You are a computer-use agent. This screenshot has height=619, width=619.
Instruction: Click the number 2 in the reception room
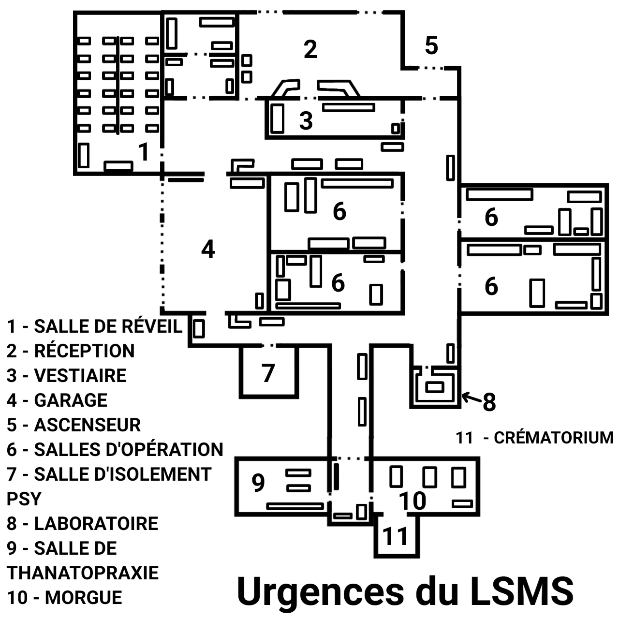(310, 49)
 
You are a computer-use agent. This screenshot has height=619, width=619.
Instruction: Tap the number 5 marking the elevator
(431, 45)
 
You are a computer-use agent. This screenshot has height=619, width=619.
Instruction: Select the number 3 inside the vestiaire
(306, 120)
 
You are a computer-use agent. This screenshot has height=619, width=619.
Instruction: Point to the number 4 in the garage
(208, 250)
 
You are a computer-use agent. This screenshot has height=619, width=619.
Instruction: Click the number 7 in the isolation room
(268, 373)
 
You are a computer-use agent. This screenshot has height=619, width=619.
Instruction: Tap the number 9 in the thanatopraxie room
(258, 482)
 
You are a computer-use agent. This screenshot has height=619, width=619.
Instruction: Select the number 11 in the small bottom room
(396, 536)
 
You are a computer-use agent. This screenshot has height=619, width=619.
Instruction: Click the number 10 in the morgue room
(413, 501)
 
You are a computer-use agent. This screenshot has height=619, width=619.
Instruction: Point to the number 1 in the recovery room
(144, 152)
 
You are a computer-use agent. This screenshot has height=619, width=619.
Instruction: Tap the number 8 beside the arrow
(489, 402)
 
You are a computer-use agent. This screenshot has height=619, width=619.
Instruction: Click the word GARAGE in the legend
(71, 400)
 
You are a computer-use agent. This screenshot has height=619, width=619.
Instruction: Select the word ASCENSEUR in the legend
(87, 425)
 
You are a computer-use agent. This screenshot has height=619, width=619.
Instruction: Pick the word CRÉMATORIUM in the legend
(554, 438)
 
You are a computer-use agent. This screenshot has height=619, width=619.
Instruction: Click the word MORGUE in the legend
(83, 598)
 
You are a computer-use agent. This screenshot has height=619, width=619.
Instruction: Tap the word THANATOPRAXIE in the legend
(83, 573)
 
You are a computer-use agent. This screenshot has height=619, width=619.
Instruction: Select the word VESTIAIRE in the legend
(80, 376)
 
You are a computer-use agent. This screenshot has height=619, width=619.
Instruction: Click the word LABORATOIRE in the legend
(96, 524)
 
